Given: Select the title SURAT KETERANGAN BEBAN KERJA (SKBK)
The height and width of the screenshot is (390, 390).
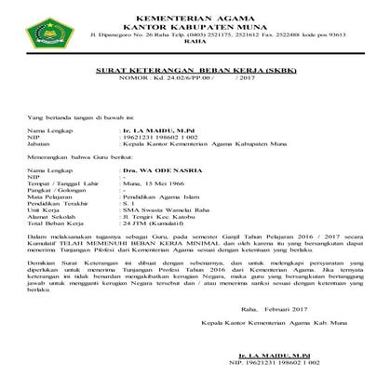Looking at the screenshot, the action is pyautogui.click(x=195, y=71).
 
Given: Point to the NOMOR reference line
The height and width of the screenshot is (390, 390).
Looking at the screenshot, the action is pyautogui.click(x=195, y=80).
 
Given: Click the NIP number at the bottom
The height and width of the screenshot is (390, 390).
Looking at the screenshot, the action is pyautogui.click(x=283, y=364).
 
